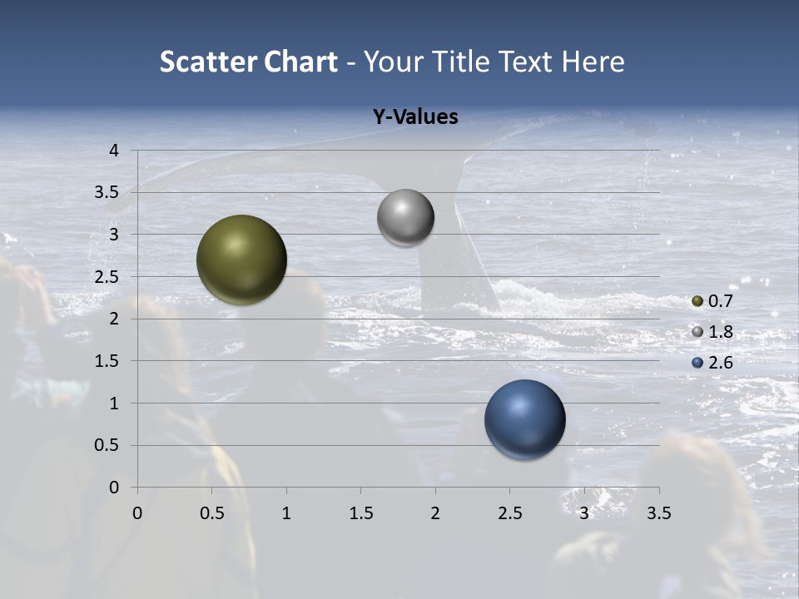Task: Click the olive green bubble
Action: [241, 260]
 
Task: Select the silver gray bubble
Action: [405, 218]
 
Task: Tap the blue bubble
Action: [524, 419]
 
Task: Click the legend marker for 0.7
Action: [697, 301]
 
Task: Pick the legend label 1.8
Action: [720, 332]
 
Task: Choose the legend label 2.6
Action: [720, 363]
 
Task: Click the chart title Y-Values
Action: [415, 117]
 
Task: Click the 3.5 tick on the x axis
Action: [658, 513]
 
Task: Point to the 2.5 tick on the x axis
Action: [509, 513]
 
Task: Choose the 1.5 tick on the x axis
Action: [360, 513]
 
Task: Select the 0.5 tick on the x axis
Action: [211, 513]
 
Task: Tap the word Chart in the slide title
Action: [300, 62]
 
